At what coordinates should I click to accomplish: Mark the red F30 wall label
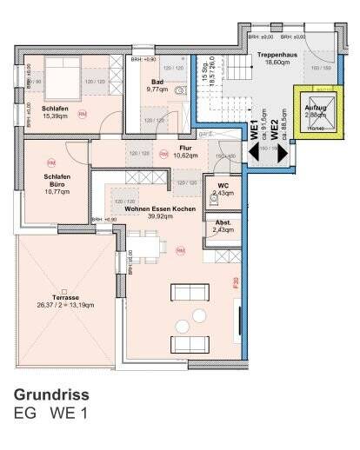tap(236, 281)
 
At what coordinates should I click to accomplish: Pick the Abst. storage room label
tap(223, 225)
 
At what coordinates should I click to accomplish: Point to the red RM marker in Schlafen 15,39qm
tap(82, 115)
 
